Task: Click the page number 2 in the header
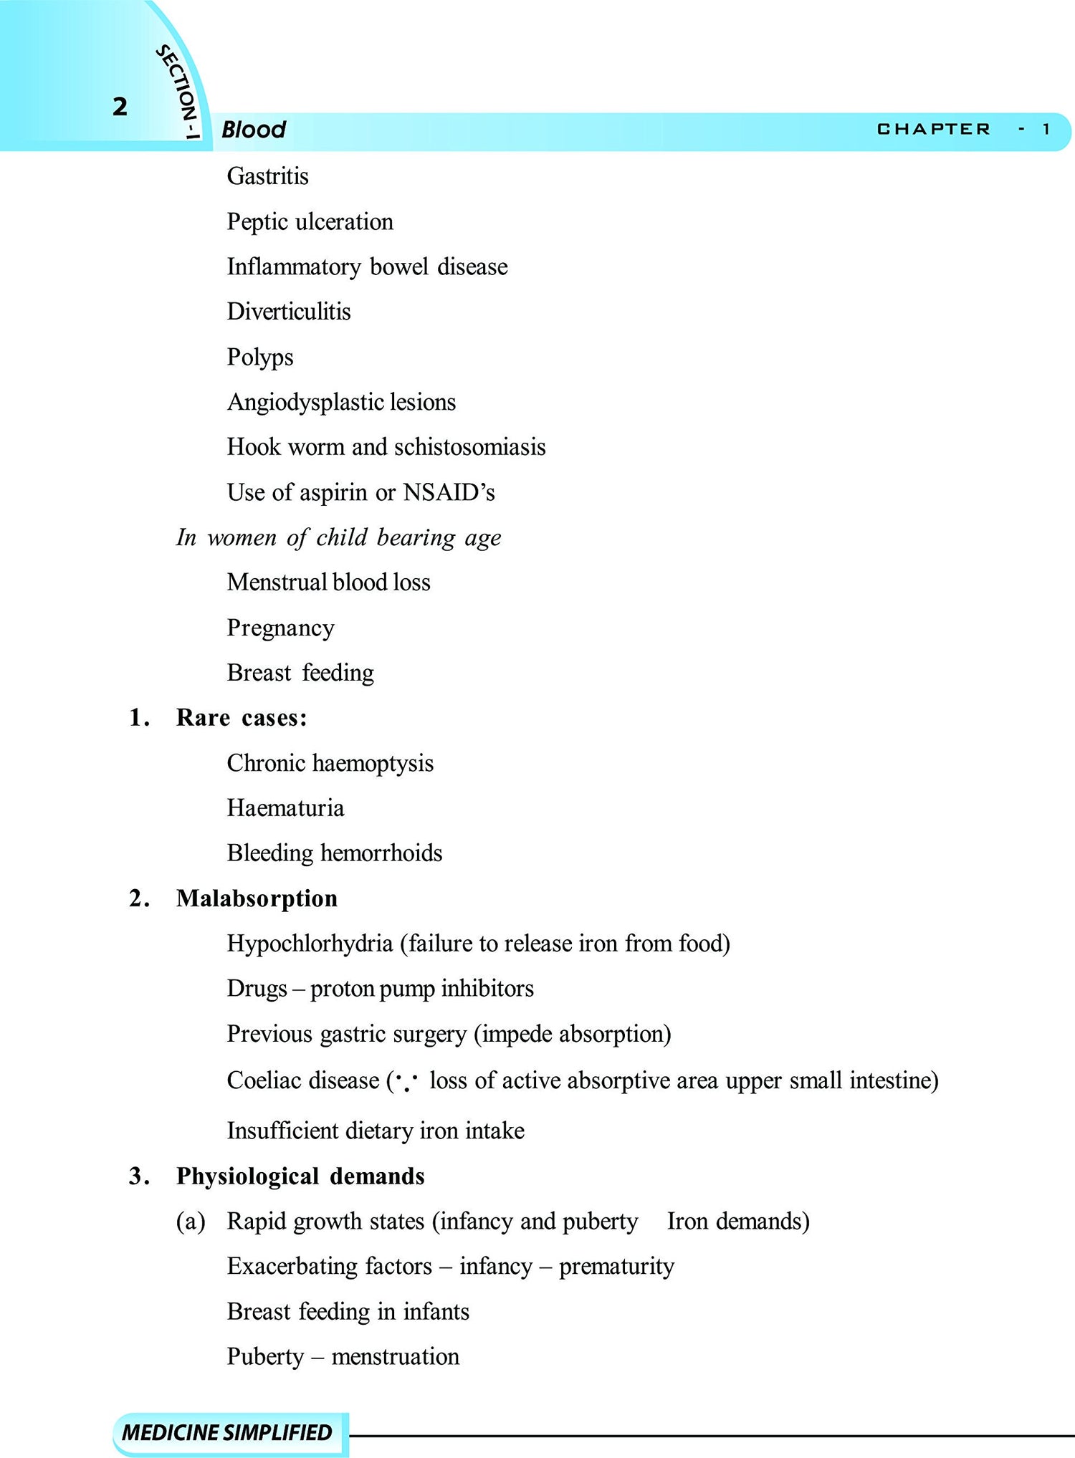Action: (120, 107)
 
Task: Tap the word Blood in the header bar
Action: (254, 130)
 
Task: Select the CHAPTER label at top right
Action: (933, 129)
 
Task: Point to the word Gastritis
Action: (267, 176)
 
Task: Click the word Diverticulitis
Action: (289, 312)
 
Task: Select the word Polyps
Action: (260, 357)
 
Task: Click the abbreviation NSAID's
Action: (449, 492)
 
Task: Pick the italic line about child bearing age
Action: (338, 537)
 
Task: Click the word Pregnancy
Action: (280, 628)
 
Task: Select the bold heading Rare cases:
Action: (242, 718)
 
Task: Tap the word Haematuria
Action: (285, 808)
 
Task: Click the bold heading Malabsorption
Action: (257, 898)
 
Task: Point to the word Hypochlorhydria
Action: (310, 944)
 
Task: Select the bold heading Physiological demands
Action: (300, 1176)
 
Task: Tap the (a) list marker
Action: (191, 1222)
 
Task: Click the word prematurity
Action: (616, 1267)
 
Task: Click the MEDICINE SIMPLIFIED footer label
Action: (227, 1432)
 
